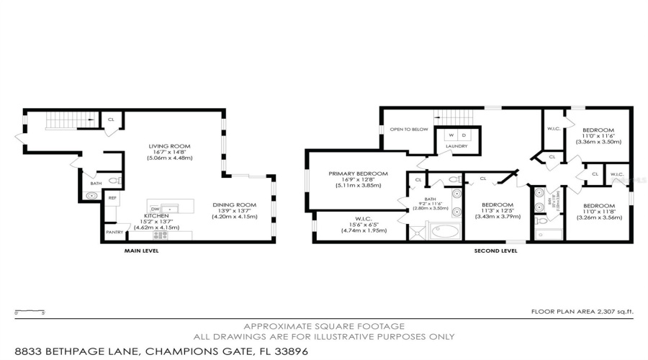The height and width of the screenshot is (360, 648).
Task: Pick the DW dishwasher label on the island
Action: tap(154, 209)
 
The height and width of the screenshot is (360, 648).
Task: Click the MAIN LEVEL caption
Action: tap(140, 251)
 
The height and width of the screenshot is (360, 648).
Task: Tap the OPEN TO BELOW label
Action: tap(408, 130)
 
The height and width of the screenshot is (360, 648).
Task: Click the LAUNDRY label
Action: tap(456, 147)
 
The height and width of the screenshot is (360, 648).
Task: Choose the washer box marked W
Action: tap(451, 135)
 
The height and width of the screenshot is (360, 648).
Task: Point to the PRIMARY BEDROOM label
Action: tap(358, 174)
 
